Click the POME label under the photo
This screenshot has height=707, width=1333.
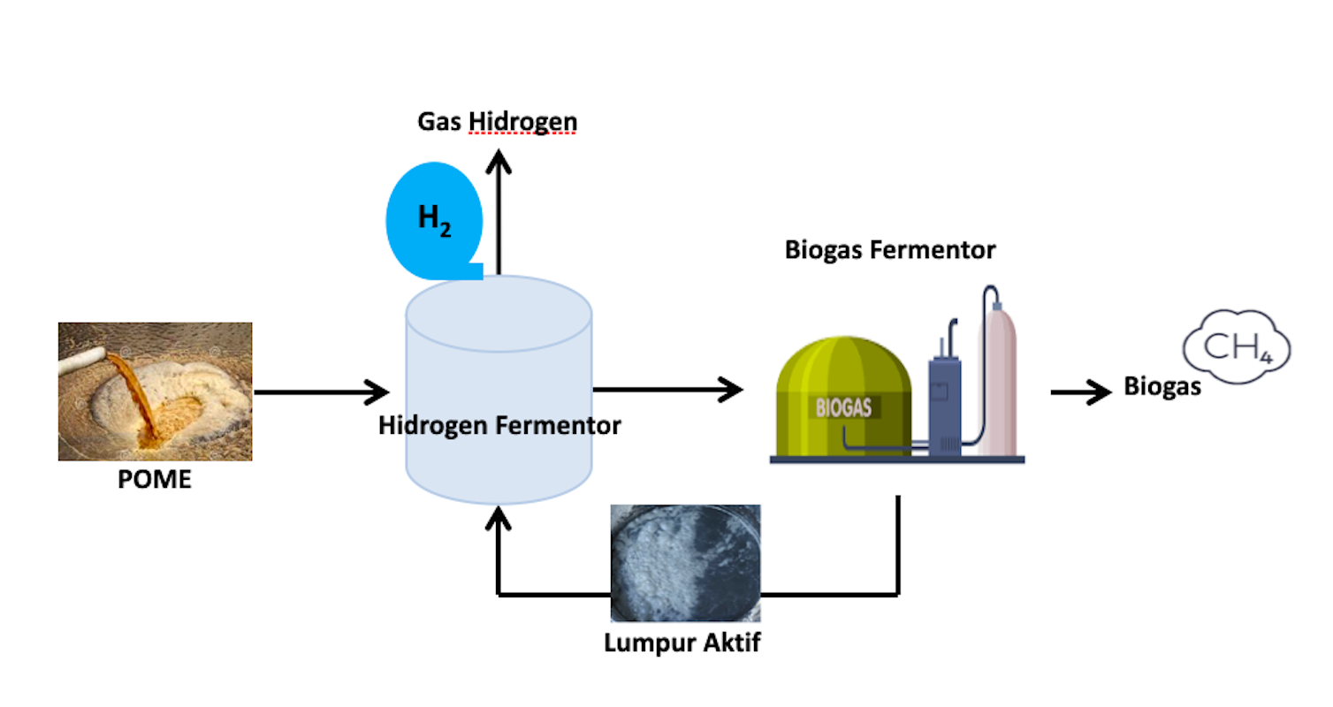(x=155, y=482)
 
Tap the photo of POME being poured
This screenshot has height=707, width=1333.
(x=156, y=392)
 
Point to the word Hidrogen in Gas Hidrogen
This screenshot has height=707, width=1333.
(x=522, y=120)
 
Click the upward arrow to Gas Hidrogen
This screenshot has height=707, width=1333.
(x=499, y=212)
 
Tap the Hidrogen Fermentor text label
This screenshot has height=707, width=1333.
(x=499, y=426)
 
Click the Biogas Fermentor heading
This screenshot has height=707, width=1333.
(x=890, y=250)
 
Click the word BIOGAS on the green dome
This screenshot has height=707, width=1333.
(x=843, y=408)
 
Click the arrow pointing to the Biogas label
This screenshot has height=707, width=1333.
(x=1080, y=392)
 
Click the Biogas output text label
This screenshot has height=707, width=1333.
(x=1162, y=387)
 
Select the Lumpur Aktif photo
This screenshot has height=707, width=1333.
(x=685, y=563)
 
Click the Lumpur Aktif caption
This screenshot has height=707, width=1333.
(x=682, y=642)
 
